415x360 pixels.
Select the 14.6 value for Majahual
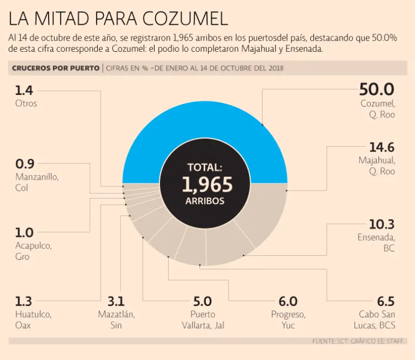(x=381, y=147)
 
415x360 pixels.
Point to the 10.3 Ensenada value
(x=381, y=224)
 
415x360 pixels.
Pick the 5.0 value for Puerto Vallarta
(x=203, y=301)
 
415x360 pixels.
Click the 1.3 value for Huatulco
(x=23, y=301)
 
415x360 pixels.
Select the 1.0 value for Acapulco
(x=24, y=233)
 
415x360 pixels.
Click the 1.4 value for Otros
(x=24, y=89)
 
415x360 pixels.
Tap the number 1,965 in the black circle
(x=207, y=185)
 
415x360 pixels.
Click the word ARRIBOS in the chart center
(x=205, y=201)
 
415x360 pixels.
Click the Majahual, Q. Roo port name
(x=377, y=166)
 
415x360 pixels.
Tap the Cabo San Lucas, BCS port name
(x=377, y=320)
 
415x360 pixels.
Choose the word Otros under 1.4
(x=26, y=103)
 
